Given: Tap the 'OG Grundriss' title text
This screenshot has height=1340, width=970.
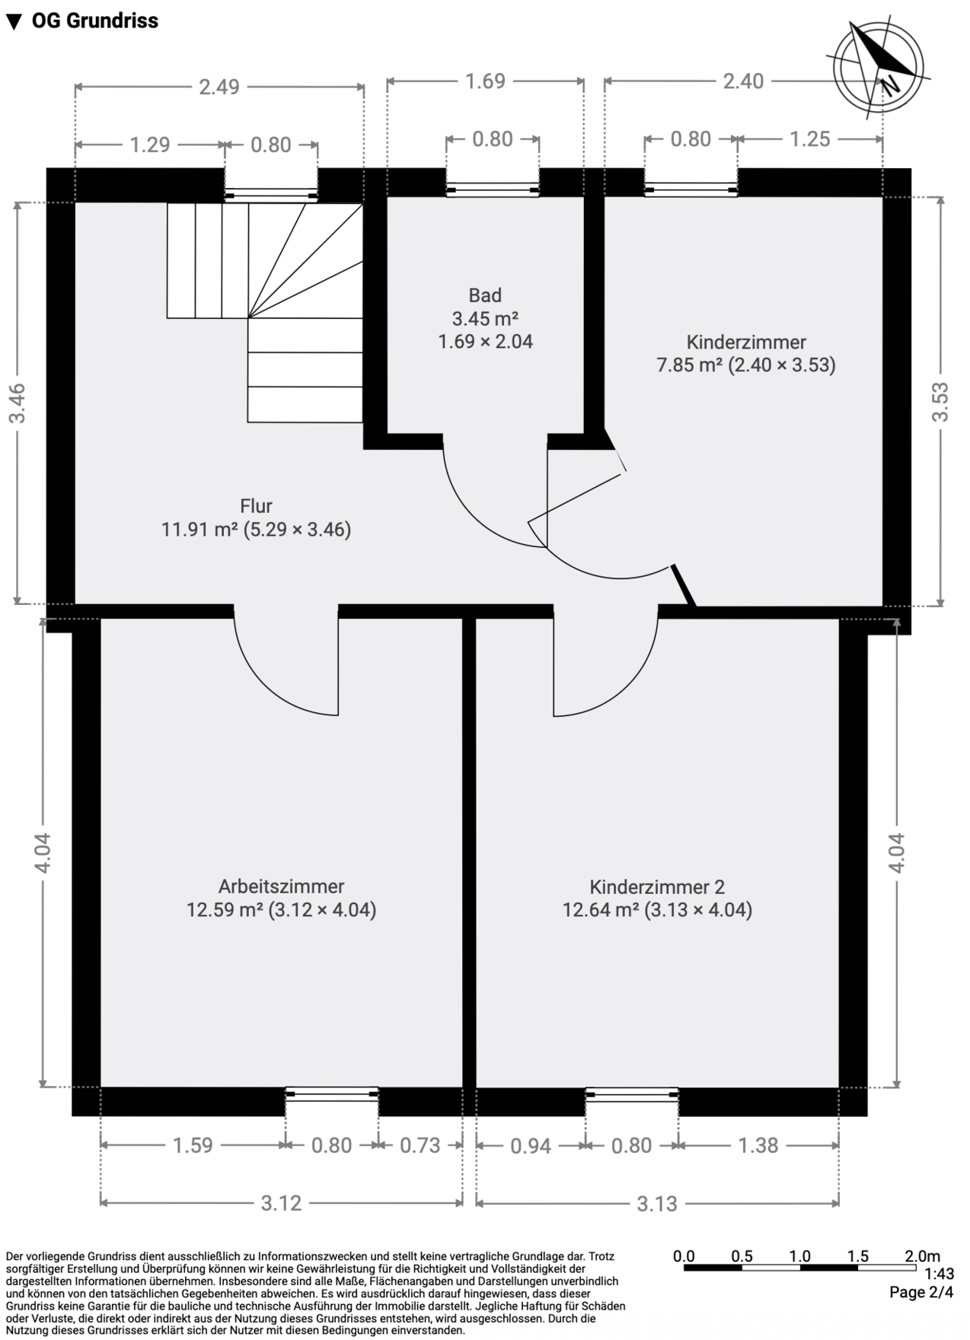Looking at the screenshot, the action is [x=94, y=21].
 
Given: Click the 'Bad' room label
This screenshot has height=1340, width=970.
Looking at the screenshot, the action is [x=485, y=295].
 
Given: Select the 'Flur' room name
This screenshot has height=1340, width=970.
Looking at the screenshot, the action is [x=256, y=506].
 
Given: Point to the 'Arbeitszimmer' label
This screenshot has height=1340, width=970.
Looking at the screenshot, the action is [x=281, y=886].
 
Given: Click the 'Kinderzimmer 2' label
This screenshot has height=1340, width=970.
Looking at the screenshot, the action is [x=657, y=887].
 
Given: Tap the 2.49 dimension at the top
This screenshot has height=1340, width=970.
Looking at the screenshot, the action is [x=219, y=87].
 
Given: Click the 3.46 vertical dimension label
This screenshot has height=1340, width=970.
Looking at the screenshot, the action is [x=18, y=403].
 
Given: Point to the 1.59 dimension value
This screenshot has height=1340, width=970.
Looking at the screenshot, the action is [x=193, y=1145].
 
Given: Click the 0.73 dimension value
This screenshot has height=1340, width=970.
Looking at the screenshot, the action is [x=420, y=1145].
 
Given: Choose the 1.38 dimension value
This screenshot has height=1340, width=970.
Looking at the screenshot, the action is [x=758, y=1145].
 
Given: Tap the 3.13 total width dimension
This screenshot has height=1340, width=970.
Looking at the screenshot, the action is [x=657, y=1204].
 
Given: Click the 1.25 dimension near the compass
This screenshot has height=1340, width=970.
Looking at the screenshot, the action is [x=809, y=139].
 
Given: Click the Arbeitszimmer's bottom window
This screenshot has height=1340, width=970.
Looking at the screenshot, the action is [x=332, y=1094].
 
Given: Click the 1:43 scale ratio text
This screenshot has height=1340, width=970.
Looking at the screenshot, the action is [x=939, y=1274].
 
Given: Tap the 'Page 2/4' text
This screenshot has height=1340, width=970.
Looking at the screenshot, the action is [x=921, y=1292].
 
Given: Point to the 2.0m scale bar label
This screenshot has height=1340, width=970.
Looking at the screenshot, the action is [x=921, y=1256].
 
